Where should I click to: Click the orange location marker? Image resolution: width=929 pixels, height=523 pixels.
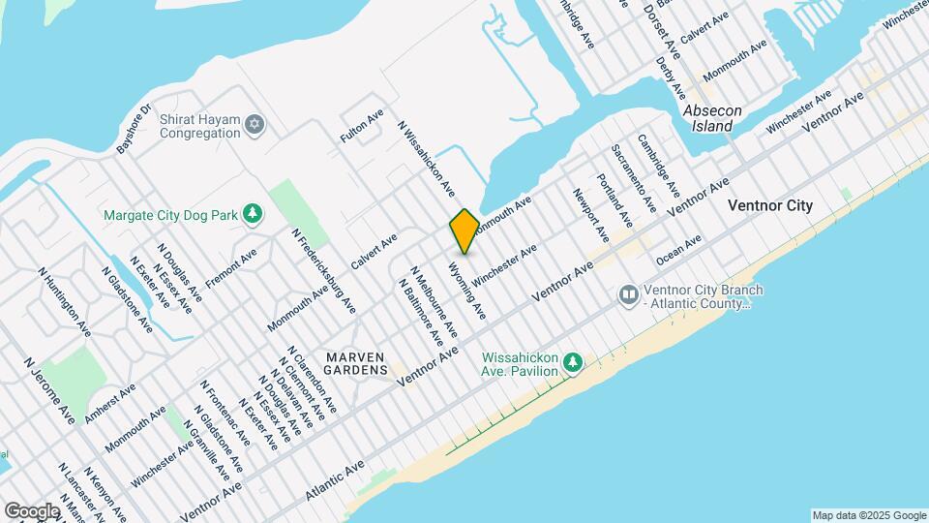[x=464, y=231]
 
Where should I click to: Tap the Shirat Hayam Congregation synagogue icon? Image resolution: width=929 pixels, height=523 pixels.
[x=255, y=123]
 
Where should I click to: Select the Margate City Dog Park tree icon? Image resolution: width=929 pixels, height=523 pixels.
[x=253, y=212]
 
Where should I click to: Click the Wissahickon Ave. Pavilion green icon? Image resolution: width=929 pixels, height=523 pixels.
[x=574, y=363]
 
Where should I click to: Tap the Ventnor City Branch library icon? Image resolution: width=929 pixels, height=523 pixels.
[x=628, y=292]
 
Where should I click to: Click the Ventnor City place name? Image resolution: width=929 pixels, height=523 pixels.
[x=770, y=206]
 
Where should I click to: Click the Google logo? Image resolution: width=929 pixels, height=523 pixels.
[x=32, y=510]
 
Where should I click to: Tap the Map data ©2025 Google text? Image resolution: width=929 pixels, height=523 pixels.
[x=869, y=515]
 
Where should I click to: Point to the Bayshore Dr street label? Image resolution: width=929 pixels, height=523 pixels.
[x=135, y=129]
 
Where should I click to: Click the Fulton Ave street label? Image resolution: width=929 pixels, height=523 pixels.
[x=355, y=126]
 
